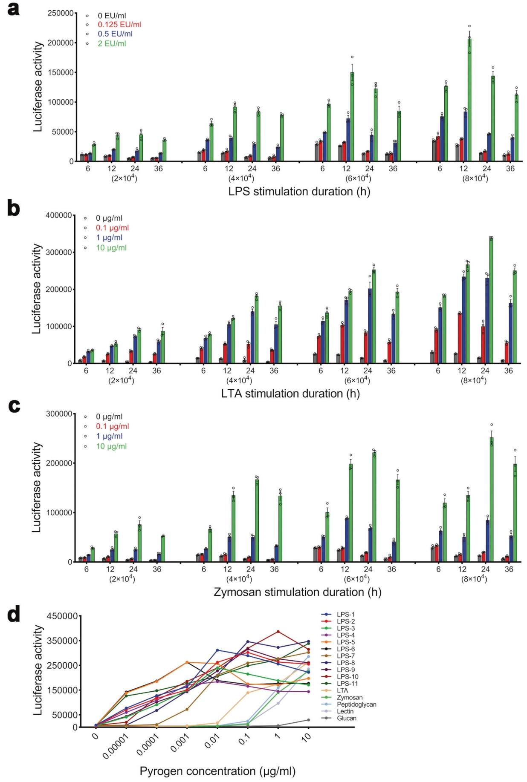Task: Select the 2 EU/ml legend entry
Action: coord(112,43)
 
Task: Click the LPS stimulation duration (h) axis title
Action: coord(299,192)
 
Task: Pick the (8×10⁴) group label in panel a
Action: coord(475,179)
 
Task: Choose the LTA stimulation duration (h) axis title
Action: coord(290,394)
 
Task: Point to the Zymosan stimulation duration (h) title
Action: coord(297,592)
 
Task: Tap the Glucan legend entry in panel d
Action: coord(346,718)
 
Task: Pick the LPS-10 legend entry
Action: coord(347,677)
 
